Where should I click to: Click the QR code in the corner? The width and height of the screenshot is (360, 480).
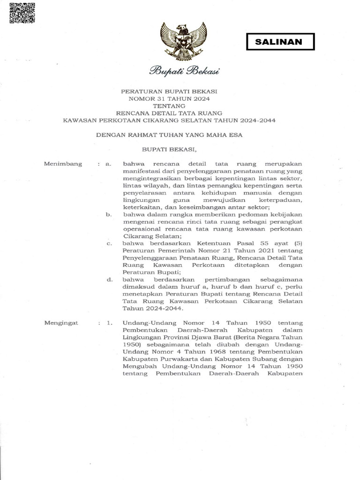[x=22, y=13]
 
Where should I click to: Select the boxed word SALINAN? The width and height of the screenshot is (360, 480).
[x=280, y=42]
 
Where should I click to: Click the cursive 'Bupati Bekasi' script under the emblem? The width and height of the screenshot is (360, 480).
[x=184, y=71]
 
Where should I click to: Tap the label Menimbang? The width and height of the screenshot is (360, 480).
[x=63, y=164]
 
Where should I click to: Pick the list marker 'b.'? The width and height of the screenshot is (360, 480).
[x=108, y=214]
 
